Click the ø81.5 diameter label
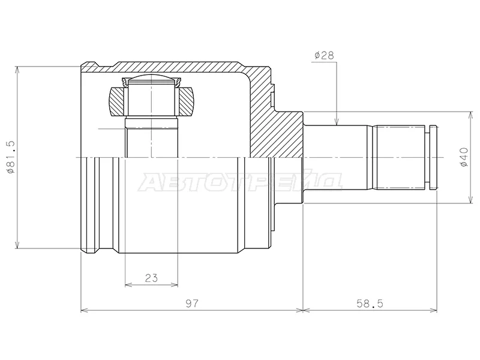[x=11, y=157]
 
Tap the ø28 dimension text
[x=324, y=55]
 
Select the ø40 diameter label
[x=464, y=157]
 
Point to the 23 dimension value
[x=151, y=278]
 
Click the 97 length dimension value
[x=192, y=304]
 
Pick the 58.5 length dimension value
[x=370, y=304]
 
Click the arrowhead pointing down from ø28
[x=337, y=122]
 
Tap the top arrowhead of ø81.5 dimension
[x=17, y=70]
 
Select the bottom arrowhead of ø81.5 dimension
[x=17, y=244]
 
